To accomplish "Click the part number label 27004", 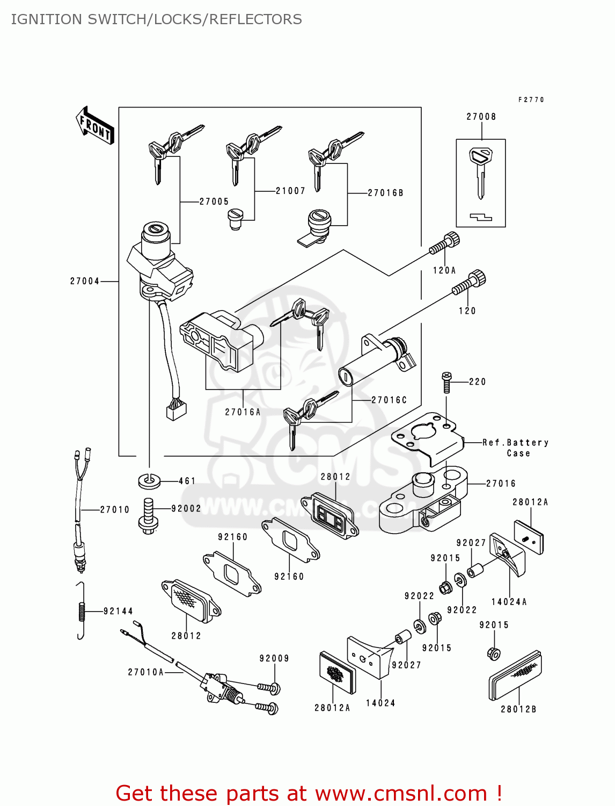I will coord(85,281).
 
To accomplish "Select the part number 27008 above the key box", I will coord(481,117).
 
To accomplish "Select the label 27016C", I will coord(389,400).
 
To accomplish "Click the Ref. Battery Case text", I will coord(515,448).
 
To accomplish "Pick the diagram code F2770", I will coord(531,99).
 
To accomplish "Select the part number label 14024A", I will coord(509,602).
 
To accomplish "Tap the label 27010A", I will coord(145,672).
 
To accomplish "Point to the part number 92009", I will coord(274,658).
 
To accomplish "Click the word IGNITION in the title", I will coord(46,19).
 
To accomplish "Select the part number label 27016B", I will coord(385,192).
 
